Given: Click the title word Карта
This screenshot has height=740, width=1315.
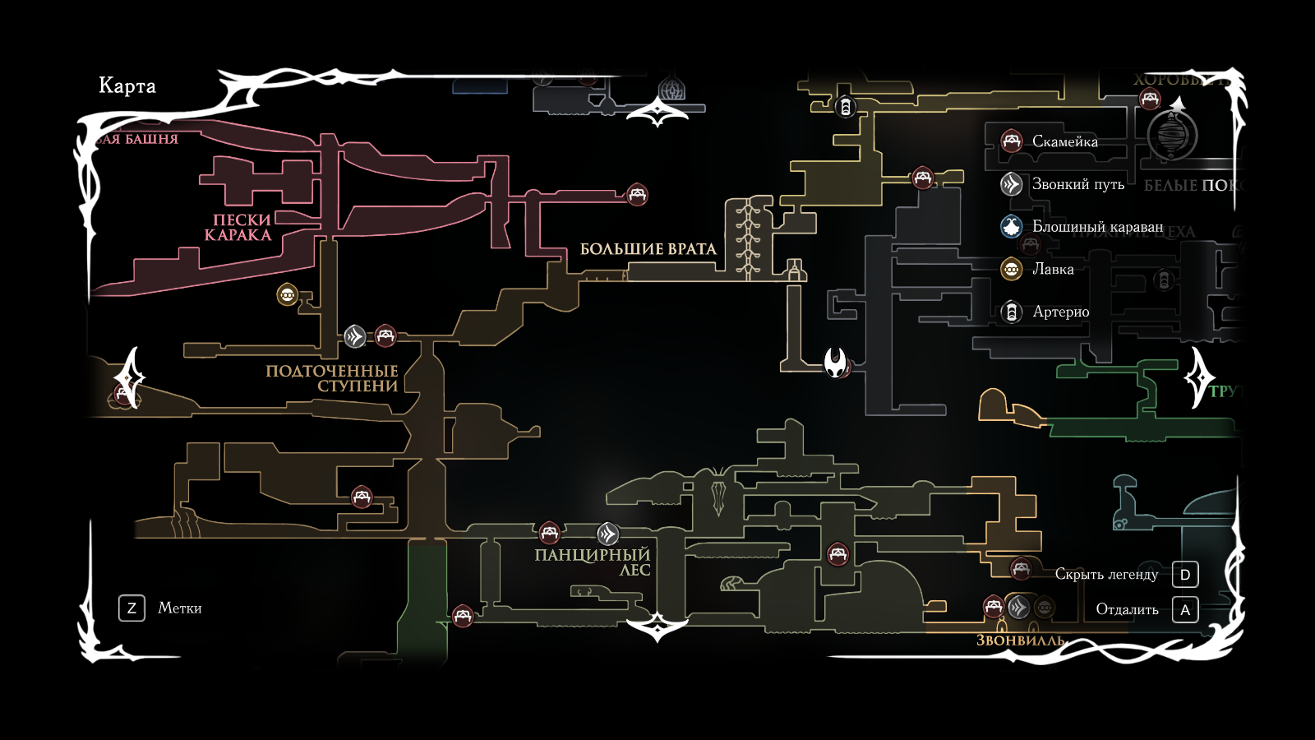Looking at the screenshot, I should click(x=127, y=86).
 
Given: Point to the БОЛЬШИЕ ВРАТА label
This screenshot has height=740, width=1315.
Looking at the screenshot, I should click(x=648, y=249).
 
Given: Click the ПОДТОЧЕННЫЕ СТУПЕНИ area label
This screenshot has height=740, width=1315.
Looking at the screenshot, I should click(x=333, y=378).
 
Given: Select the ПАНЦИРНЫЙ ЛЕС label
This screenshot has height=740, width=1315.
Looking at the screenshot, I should click(x=593, y=562).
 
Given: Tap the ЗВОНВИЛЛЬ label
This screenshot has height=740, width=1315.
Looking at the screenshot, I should click(x=1019, y=641).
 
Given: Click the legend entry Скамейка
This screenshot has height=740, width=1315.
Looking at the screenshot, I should click(x=1064, y=141).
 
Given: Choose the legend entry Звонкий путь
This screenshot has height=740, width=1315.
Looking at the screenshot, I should click(x=1077, y=184).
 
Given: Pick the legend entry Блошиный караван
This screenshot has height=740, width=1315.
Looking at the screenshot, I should click(x=1097, y=226).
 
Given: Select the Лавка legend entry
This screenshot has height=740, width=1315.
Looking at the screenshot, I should click(x=1053, y=269).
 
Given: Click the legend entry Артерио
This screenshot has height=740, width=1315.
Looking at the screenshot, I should click(x=1060, y=312).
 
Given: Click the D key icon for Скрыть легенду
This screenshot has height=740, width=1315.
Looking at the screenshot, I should click(x=1185, y=575).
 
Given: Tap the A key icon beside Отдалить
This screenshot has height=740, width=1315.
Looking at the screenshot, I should click(x=1185, y=610).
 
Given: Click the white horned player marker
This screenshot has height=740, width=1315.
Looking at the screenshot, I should click(x=836, y=361).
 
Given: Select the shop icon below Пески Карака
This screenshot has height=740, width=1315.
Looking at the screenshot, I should click(x=288, y=294).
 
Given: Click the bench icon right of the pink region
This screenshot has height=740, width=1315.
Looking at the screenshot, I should click(x=637, y=195).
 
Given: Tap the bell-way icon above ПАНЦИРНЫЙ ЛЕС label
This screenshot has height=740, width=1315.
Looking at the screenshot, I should click(x=607, y=534).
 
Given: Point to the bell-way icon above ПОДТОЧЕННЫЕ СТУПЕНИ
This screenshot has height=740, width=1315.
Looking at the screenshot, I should click(x=354, y=336).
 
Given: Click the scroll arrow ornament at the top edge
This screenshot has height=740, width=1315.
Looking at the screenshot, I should click(x=657, y=112).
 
